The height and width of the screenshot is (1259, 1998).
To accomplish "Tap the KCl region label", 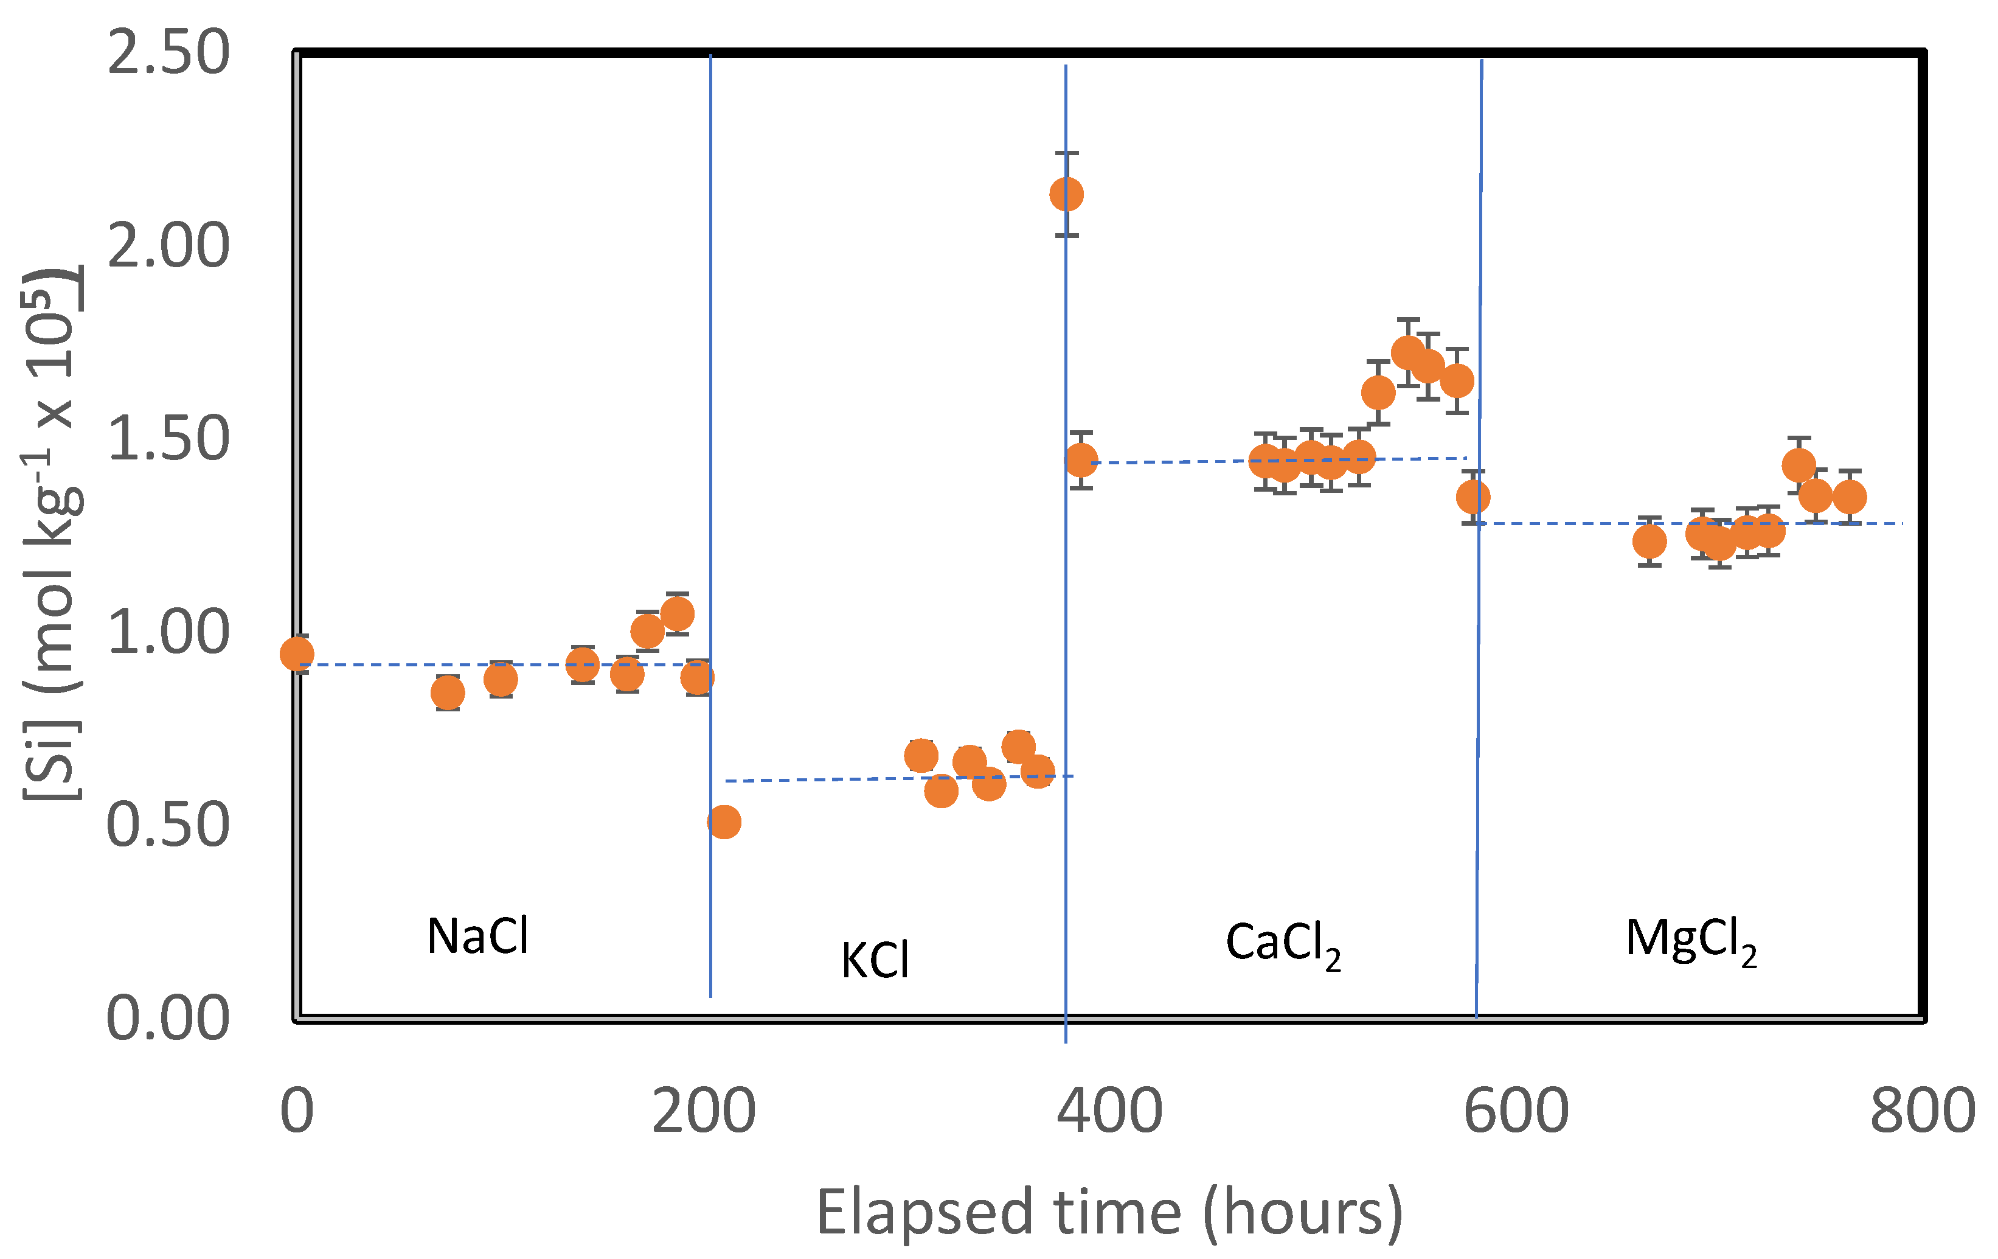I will click(875, 961).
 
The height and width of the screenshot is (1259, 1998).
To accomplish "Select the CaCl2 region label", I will click(1282, 944).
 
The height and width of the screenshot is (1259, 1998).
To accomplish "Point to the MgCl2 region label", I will click(1690, 941).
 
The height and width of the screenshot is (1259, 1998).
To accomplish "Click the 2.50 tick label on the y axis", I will click(168, 52).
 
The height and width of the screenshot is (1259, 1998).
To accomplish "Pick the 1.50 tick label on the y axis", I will click(168, 438).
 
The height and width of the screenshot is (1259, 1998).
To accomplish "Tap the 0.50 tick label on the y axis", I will click(168, 825).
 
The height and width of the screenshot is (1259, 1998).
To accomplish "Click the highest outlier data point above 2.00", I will click(1066, 194).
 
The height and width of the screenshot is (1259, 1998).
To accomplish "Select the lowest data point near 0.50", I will click(724, 821).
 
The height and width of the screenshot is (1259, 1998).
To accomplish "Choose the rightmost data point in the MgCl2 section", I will click(1850, 497).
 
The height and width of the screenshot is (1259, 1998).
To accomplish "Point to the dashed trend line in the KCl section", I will click(830, 779).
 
